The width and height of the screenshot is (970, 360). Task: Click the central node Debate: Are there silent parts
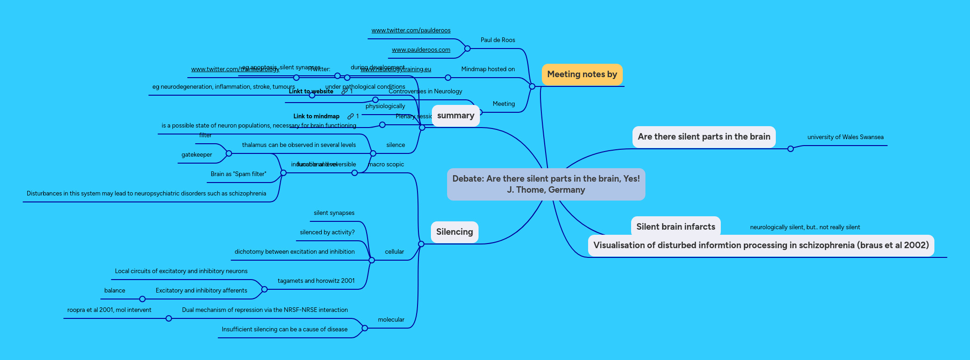[x=546, y=184]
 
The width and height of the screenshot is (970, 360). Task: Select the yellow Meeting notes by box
[x=582, y=74]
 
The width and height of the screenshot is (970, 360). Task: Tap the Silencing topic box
[x=454, y=232]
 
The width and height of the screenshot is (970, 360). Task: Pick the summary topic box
[x=455, y=116]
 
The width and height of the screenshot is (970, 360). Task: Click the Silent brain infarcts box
[x=675, y=226]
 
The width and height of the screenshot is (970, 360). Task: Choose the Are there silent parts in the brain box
[x=704, y=137]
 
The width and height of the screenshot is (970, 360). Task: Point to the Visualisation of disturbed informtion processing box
[x=761, y=245]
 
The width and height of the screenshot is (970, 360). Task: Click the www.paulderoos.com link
[x=421, y=50]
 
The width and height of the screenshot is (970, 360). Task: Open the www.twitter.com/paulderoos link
[x=411, y=31]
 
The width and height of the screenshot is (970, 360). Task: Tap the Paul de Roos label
[x=497, y=40]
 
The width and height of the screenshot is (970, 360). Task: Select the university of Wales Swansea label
[x=845, y=137]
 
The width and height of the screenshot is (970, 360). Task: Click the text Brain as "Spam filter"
[x=238, y=174]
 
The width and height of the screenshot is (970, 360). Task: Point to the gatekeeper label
[x=196, y=155]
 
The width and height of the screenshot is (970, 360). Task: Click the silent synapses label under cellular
[x=334, y=213]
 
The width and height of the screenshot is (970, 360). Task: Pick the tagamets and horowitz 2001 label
[x=316, y=281]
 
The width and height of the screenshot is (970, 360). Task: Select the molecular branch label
[x=391, y=320]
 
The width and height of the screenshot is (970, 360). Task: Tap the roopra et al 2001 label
[x=109, y=310]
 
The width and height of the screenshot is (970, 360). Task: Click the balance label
[x=115, y=291]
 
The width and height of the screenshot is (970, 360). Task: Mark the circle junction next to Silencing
[x=421, y=244]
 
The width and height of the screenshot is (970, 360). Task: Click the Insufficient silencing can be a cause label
[x=284, y=329]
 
